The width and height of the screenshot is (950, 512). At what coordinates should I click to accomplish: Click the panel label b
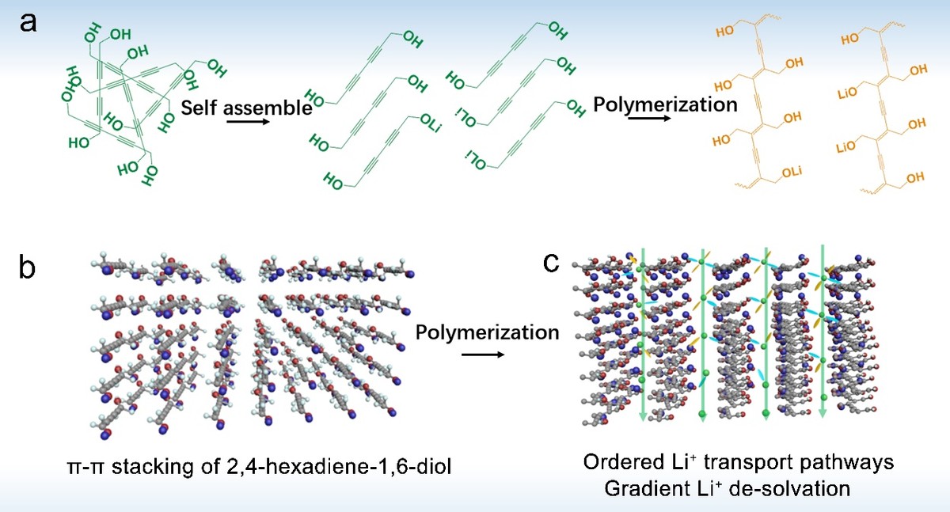coord(28,268)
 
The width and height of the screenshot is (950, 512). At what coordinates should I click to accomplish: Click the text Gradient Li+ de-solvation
coord(726,488)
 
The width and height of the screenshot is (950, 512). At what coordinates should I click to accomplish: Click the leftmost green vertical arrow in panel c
coord(642,332)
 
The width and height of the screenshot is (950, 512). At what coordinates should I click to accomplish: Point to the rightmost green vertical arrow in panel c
coord(824,332)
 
